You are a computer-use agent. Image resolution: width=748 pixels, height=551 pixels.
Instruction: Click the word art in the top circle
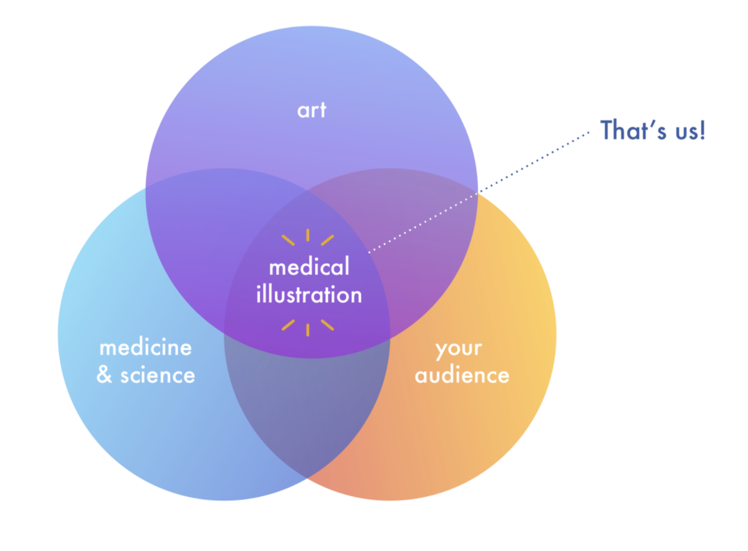pos(311,110)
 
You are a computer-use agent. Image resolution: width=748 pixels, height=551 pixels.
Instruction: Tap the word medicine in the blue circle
pos(146,347)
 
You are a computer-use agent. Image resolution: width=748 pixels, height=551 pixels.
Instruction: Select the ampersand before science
pos(105,375)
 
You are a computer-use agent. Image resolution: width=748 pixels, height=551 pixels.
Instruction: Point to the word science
pos(158,375)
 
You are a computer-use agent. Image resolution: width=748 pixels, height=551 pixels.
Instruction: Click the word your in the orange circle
pos(459,349)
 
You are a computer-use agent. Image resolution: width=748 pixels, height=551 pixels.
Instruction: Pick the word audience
pos(462,375)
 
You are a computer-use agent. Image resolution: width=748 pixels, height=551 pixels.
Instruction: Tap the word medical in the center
pos(309,267)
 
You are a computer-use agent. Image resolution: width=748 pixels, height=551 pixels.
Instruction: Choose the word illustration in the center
pos(309,295)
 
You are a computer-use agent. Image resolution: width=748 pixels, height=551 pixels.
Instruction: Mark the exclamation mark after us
pos(702,130)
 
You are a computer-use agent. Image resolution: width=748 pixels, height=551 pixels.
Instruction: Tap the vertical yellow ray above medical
pos(308,235)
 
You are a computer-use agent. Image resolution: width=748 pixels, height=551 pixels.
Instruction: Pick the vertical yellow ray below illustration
pos(308,330)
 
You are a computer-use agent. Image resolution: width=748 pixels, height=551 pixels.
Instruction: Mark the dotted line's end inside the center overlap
pos(370,251)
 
